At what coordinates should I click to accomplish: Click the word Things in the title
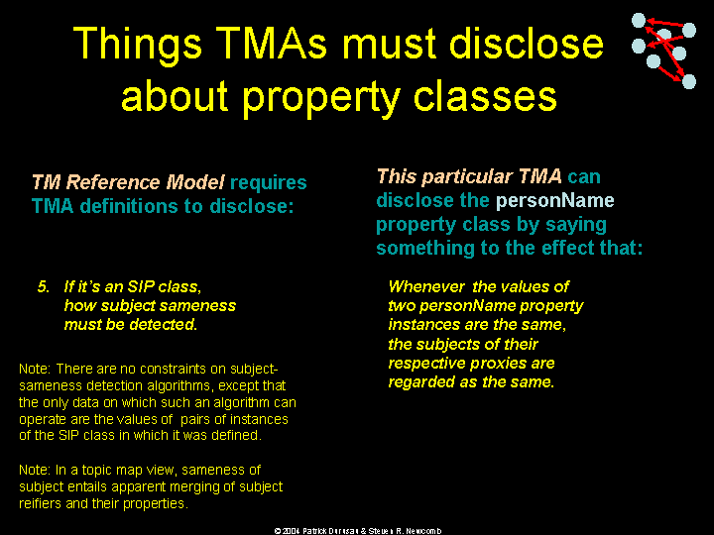click(137, 45)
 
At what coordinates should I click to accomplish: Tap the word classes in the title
click(485, 97)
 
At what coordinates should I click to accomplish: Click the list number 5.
click(44, 286)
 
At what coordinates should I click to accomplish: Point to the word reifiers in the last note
click(40, 503)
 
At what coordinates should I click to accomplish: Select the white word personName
click(554, 200)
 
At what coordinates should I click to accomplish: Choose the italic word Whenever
click(426, 286)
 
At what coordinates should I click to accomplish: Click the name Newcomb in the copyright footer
click(423, 531)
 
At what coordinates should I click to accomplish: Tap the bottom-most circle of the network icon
click(689, 82)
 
